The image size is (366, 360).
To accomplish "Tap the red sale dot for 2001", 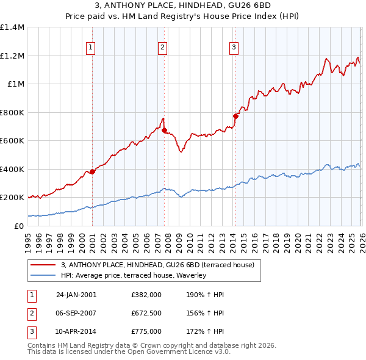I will pyautogui.click(x=92, y=171).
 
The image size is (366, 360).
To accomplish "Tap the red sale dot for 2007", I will pyautogui.click(x=165, y=130).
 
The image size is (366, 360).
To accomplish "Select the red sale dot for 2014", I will pyautogui.click(x=235, y=116).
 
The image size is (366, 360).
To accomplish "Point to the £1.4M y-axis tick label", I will pyautogui.click(x=12, y=27).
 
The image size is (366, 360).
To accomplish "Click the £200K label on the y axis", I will pyautogui.click(x=12, y=198).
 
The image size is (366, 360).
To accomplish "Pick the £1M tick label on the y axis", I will pyautogui.click(x=15, y=84).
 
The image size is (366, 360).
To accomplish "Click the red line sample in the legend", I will pyautogui.click(x=43, y=265).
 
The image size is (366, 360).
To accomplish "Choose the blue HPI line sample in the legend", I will pyautogui.click(x=43, y=275).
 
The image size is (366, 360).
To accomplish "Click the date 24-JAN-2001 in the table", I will pyautogui.click(x=76, y=295).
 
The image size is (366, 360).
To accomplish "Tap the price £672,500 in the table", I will pyautogui.click(x=146, y=313).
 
